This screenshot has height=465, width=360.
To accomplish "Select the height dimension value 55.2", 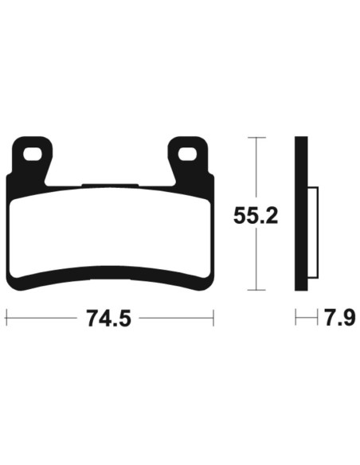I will click(x=255, y=215).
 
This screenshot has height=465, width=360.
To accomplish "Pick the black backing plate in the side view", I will click(x=301, y=215).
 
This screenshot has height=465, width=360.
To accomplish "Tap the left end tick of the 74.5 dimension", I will click(x=6, y=319).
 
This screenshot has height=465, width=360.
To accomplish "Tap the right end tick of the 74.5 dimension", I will click(x=213, y=319).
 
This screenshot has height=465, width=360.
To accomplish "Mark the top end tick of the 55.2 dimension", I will click(x=255, y=138).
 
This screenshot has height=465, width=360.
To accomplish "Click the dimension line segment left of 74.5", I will click(x=44, y=319).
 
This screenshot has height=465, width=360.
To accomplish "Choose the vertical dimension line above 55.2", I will click(x=255, y=167).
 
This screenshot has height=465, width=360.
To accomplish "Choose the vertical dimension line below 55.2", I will click(x=255, y=263).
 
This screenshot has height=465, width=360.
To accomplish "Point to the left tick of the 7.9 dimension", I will click(x=295, y=319).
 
